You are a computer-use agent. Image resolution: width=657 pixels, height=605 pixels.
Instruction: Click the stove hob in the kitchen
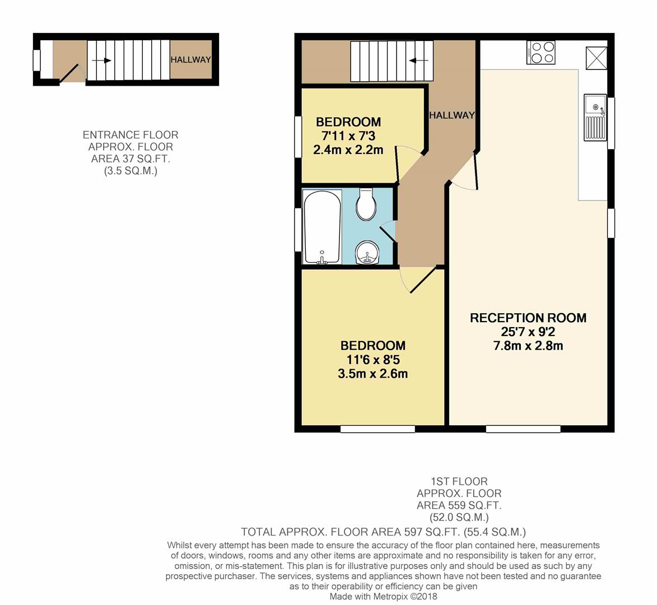540,53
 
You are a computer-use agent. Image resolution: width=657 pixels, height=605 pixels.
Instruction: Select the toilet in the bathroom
366,206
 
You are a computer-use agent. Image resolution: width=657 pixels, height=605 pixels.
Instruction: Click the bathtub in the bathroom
321,227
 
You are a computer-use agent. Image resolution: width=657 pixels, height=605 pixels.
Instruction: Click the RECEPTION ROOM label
528,318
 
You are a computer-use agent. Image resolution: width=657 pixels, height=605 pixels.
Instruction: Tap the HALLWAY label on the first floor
451,115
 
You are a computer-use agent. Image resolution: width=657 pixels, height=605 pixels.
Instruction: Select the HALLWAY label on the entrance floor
190,60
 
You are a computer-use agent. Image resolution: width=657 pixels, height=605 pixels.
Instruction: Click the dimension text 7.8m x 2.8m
528,346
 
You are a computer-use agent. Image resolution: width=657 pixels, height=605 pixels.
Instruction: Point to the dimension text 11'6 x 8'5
372,360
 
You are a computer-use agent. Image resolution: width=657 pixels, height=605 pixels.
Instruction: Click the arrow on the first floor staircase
417,61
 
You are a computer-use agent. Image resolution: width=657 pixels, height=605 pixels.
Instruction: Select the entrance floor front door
70,73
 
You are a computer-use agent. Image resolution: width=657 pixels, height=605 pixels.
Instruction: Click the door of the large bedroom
422,280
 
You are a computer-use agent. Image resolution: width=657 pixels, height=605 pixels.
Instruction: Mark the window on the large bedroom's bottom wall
378,429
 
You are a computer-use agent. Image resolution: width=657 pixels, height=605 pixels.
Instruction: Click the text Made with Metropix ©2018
383,597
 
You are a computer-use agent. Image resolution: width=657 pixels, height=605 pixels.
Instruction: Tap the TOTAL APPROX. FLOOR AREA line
383,532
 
